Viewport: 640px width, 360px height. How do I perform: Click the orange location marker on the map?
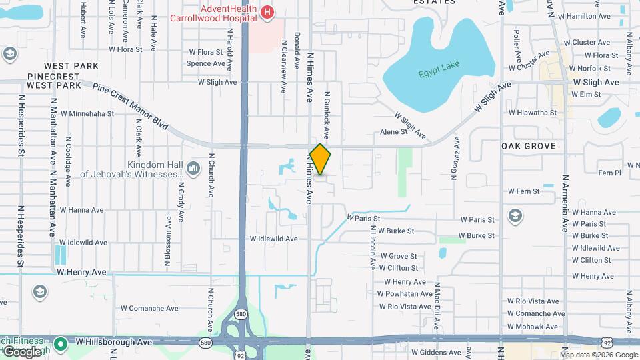pos(320,159)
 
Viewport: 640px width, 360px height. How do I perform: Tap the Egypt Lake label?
pos(439,73)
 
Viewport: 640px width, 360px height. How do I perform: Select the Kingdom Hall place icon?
pos(193,167)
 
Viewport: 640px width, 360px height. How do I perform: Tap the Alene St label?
pos(393,132)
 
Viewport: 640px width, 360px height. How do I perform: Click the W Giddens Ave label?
pos(436,352)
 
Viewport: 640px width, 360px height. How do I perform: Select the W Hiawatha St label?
pos(532,113)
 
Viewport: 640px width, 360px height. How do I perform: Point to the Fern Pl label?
pos(609,173)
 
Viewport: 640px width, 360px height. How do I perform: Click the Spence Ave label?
pos(205,64)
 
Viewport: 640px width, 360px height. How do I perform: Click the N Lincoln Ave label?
pos(372,247)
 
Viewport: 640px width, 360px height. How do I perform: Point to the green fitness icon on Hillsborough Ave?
pos(61,343)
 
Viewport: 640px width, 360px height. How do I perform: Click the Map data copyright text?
pos(599,355)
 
